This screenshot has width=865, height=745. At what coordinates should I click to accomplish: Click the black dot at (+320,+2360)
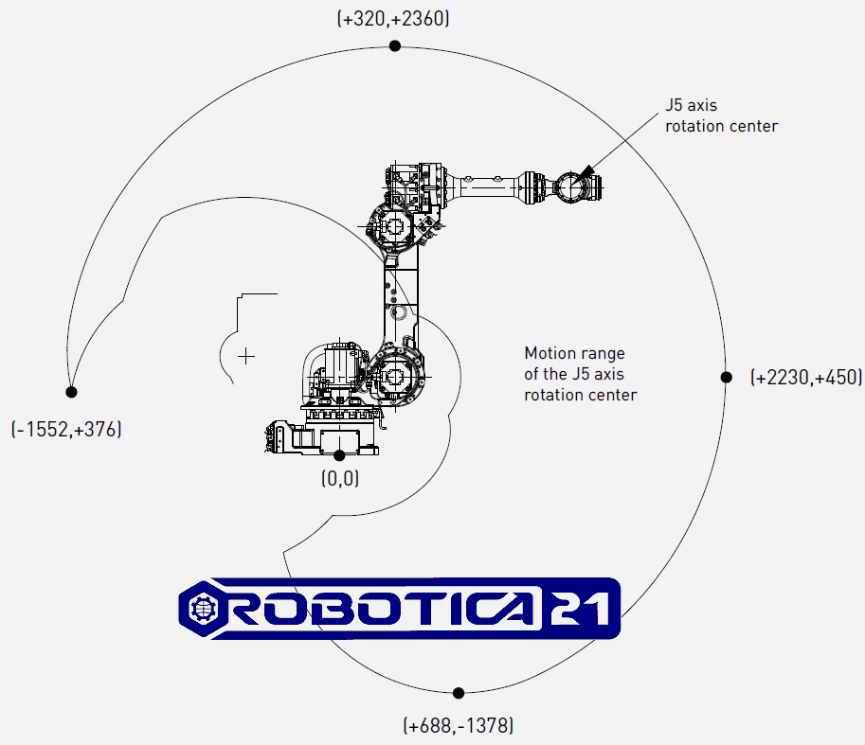coord(395,45)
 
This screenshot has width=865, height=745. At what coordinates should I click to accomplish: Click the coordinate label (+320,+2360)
coord(392,18)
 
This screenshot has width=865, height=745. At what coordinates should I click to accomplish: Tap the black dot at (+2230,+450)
coord(727,377)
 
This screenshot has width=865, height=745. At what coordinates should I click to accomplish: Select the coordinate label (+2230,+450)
coord(804,377)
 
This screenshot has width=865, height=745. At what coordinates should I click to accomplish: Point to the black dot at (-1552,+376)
coord(71,391)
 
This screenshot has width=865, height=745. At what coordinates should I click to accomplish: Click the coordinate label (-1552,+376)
coord(67,429)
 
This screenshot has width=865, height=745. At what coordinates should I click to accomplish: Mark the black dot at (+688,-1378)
coord(459,693)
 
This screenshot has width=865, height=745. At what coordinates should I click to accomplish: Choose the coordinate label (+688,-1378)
coord(459,726)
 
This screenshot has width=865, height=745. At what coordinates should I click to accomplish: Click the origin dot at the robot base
coord(339,456)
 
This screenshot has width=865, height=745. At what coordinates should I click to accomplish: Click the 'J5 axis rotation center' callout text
coord(721,115)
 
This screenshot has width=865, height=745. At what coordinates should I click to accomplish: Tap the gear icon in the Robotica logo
coord(204,608)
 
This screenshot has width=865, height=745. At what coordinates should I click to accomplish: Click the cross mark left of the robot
coord(246,356)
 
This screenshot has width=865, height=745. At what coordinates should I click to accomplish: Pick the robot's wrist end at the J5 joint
coord(571,186)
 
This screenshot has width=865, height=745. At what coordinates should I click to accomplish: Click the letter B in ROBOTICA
coord(321,608)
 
